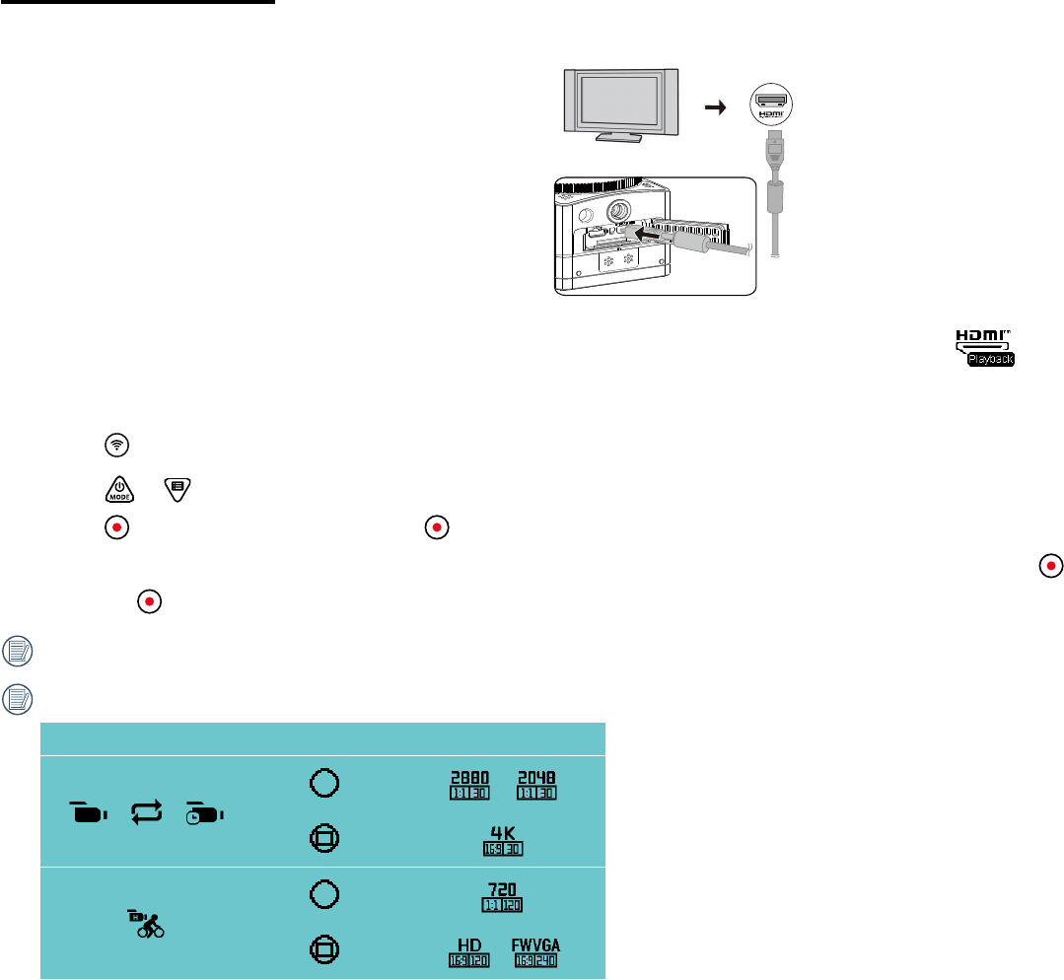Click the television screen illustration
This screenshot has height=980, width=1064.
pos(619,100)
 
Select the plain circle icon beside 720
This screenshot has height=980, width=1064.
pos(326,895)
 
